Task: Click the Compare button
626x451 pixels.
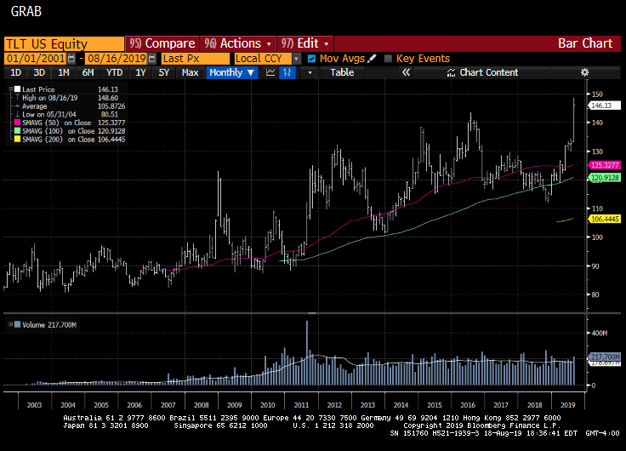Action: pyautogui.click(x=163, y=43)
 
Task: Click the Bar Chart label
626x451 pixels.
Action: pyautogui.click(x=585, y=43)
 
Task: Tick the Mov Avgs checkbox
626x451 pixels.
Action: pyautogui.click(x=311, y=59)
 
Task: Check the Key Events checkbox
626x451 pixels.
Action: pyautogui.click(x=389, y=59)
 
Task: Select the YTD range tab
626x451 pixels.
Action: pyautogui.click(x=115, y=72)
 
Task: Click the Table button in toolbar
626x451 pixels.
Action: pyautogui.click(x=342, y=72)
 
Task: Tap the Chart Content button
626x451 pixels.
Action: pyautogui.click(x=488, y=72)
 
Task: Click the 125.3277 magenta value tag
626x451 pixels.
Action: pyautogui.click(x=606, y=165)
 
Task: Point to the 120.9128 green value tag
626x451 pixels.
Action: pyautogui.click(x=606, y=178)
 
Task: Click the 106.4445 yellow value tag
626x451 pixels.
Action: pyautogui.click(x=606, y=220)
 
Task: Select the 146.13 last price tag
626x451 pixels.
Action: pyautogui.click(x=602, y=106)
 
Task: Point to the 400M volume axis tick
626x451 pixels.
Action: pyautogui.click(x=599, y=333)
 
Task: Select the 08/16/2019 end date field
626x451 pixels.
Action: pyautogui.click(x=111, y=59)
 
